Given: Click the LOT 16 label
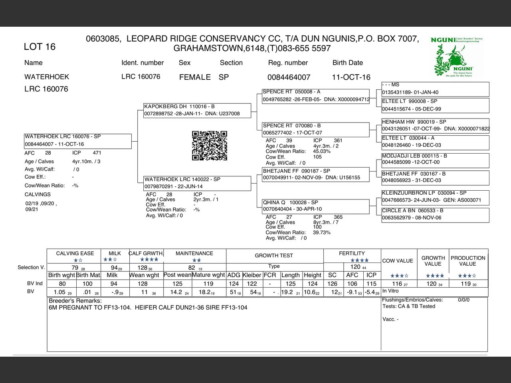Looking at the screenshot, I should click(40, 47).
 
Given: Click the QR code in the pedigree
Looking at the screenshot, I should click(210, 146).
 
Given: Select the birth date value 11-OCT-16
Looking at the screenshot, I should click(351, 77).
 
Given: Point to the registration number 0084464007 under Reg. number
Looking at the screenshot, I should click(289, 77).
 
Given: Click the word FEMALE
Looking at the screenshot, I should click(195, 77).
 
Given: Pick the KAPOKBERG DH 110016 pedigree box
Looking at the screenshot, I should click(197, 110).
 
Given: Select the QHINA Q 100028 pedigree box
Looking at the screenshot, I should click(315, 206).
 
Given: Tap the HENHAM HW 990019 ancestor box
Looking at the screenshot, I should click(435, 125).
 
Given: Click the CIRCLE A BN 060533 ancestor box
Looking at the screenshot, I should click(435, 214).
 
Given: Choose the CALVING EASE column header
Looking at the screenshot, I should click(75, 253).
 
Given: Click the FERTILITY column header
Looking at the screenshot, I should click(352, 253).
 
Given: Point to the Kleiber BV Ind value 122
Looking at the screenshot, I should click(252, 284).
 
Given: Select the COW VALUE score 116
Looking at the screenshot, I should click(397, 284).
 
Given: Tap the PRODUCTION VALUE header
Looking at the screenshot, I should click(468, 261).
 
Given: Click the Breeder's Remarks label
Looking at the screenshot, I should click(75, 301).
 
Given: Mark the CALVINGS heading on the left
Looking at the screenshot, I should click(38, 195).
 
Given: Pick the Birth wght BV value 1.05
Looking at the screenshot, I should click(59, 292).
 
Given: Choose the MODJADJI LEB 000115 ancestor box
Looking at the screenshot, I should click(435, 159).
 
